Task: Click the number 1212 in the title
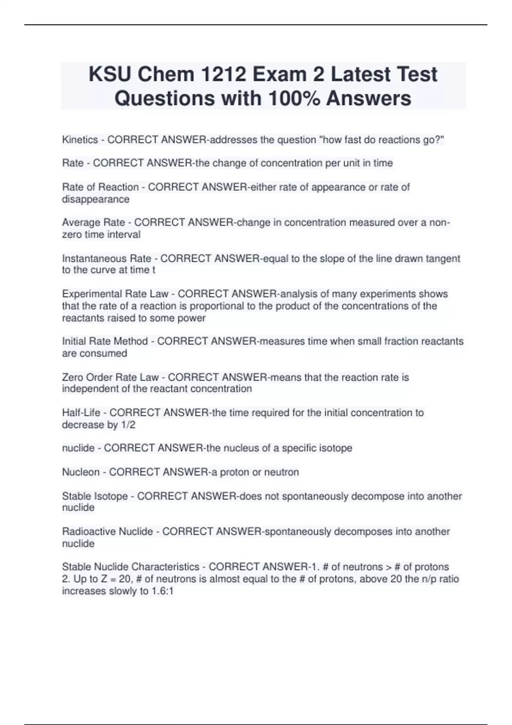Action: click(x=223, y=74)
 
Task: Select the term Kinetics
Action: click(x=80, y=139)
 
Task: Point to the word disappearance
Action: click(x=96, y=199)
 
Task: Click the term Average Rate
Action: click(x=93, y=222)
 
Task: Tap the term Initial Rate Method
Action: click(x=105, y=341)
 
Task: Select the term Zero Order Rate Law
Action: click(x=110, y=377)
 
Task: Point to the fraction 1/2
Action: click(x=128, y=425)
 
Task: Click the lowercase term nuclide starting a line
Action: click(x=78, y=448)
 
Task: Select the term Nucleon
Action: click(x=81, y=472)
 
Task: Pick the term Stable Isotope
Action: click(x=95, y=496)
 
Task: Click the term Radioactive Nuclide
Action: click(x=108, y=531)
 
